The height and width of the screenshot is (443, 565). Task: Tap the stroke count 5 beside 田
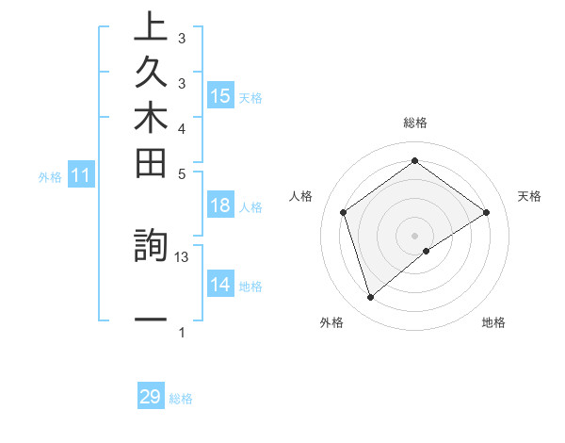182,173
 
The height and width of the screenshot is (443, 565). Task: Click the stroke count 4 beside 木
182,127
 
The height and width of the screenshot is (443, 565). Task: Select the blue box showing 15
220,95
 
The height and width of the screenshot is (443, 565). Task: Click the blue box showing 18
220,205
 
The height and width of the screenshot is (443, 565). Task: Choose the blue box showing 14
220,285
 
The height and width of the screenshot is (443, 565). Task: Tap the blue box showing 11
81,174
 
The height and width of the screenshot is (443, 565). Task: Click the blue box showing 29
151,397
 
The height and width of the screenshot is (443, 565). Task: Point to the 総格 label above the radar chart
414,123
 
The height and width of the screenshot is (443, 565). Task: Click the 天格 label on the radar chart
529,196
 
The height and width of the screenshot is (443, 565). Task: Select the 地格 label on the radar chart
493,322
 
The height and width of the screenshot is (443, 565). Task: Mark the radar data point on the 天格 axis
486,212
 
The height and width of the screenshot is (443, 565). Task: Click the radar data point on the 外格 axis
370,298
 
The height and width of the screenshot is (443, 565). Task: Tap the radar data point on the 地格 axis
427,251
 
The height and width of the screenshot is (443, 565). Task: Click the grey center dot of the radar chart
414,235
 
